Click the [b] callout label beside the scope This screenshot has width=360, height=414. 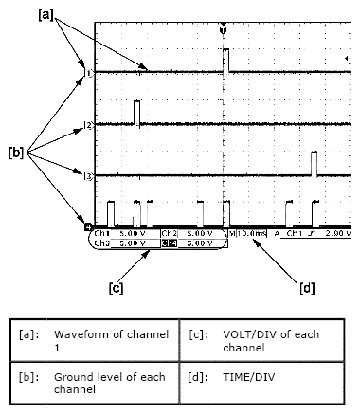tap(16, 151)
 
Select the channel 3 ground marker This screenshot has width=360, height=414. tap(87, 176)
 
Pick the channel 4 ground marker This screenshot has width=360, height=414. tap(87, 227)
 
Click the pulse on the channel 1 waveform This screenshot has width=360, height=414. tap(226, 59)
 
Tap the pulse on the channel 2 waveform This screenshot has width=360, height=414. tap(137, 112)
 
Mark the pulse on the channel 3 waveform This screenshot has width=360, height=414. tap(314, 162)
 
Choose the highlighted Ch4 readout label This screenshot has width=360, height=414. tap(167, 243)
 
